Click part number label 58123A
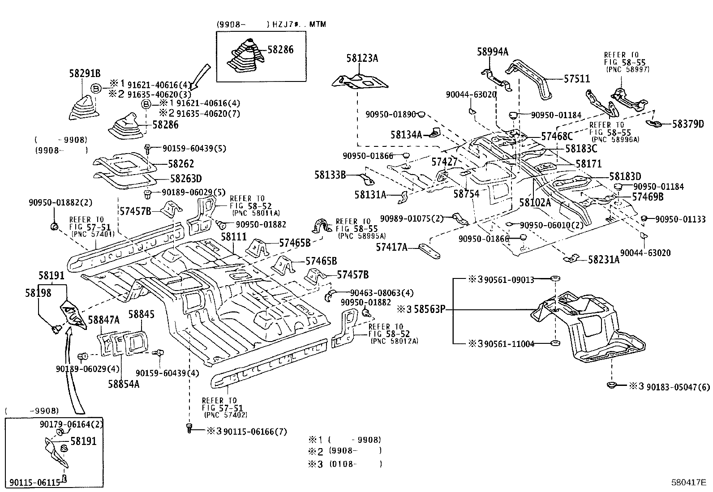pyautogui.click(x=362, y=58)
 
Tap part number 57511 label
pyautogui.click(x=576, y=79)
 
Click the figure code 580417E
pyautogui.click(x=688, y=483)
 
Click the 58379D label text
pyautogui.click(x=688, y=124)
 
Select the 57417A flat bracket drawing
pyautogui.click(x=430, y=251)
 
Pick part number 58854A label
pyautogui.click(x=123, y=384)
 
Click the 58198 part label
pyautogui.click(x=38, y=293)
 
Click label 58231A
pyautogui.click(x=603, y=259)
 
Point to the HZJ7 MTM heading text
pyautogui.click(x=299, y=24)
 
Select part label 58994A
pyautogui.click(x=492, y=52)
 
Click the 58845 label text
pyautogui.click(x=141, y=314)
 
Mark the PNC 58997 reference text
pyautogui.click(x=627, y=69)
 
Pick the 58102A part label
pyautogui.click(x=535, y=202)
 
